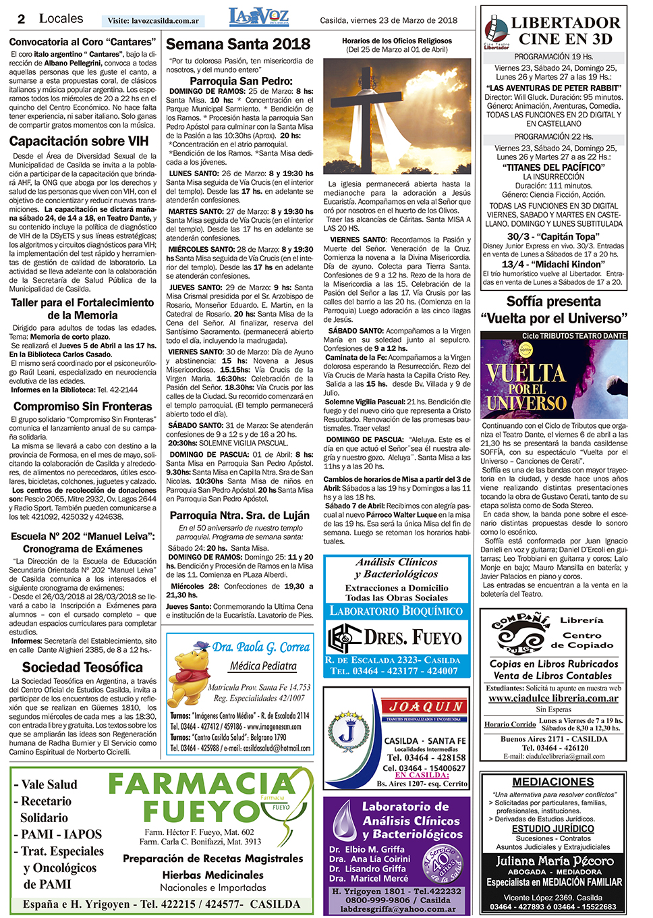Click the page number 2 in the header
22,19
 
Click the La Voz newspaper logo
258,17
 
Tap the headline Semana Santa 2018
238,45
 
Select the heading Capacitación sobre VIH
79,141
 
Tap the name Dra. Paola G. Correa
261,647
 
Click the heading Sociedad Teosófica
82,667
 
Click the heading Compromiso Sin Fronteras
83,406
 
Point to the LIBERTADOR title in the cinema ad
565,22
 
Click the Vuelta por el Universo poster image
554,375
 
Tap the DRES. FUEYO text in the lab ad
413,637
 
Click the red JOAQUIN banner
426,706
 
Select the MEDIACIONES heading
553,782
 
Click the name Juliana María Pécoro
555,861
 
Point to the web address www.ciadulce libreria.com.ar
553,698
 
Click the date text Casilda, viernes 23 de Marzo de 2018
389,20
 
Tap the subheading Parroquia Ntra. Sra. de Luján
239,516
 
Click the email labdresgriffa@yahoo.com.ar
397,909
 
